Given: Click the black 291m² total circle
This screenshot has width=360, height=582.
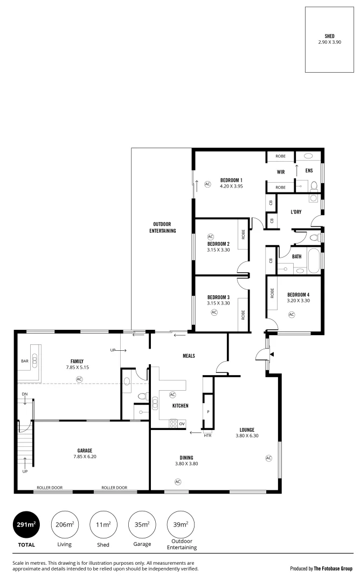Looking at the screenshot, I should [26, 524].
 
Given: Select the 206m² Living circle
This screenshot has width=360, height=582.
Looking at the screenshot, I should [65, 524].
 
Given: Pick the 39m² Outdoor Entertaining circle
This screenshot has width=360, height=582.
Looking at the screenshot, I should [181, 524].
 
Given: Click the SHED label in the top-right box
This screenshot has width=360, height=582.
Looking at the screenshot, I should [329, 36].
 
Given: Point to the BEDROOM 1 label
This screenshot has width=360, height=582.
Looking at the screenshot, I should [231, 180].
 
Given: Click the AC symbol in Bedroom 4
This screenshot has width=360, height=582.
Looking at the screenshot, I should [292, 314].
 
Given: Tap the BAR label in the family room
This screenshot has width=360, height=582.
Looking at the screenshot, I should [24, 361].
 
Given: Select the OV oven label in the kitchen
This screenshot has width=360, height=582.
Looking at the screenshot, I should [182, 424].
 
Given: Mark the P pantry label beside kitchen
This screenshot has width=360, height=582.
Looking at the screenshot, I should [207, 412].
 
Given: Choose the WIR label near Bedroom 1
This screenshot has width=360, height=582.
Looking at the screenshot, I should [280, 172].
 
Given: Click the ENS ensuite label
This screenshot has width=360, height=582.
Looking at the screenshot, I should [309, 171].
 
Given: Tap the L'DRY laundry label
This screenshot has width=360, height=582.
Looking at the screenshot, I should [296, 212].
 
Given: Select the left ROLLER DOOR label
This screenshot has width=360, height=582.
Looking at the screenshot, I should [50, 488].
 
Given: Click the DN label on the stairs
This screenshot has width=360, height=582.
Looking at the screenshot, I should [25, 394].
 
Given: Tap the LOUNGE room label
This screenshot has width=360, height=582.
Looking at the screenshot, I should [247, 429].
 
